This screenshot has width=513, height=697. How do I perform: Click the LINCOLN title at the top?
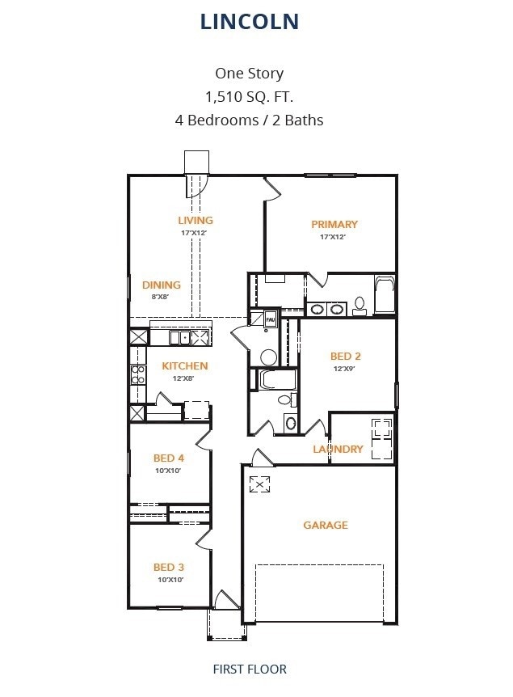(250, 22)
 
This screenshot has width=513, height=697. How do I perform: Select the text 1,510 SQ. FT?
(249, 97)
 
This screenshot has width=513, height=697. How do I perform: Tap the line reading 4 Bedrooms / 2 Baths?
(249, 120)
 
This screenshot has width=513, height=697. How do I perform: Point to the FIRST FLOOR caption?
(250, 669)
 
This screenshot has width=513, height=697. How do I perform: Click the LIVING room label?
(196, 220)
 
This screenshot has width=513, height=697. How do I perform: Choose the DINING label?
(162, 285)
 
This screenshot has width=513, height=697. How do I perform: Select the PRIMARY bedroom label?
(334, 224)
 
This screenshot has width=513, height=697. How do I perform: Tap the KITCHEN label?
(185, 365)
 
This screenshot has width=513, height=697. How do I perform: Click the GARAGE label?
(326, 525)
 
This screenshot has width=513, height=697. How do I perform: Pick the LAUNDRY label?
(338, 449)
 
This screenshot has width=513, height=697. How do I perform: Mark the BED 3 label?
(169, 567)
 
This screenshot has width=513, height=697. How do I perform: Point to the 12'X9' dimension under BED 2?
(345, 369)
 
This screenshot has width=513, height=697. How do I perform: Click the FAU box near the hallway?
(270, 320)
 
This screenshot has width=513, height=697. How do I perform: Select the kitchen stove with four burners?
(138, 374)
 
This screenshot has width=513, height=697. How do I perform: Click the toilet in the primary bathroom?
(360, 305)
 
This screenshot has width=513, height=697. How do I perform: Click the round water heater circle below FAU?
(268, 357)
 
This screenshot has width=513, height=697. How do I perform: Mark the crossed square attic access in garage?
(261, 484)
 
